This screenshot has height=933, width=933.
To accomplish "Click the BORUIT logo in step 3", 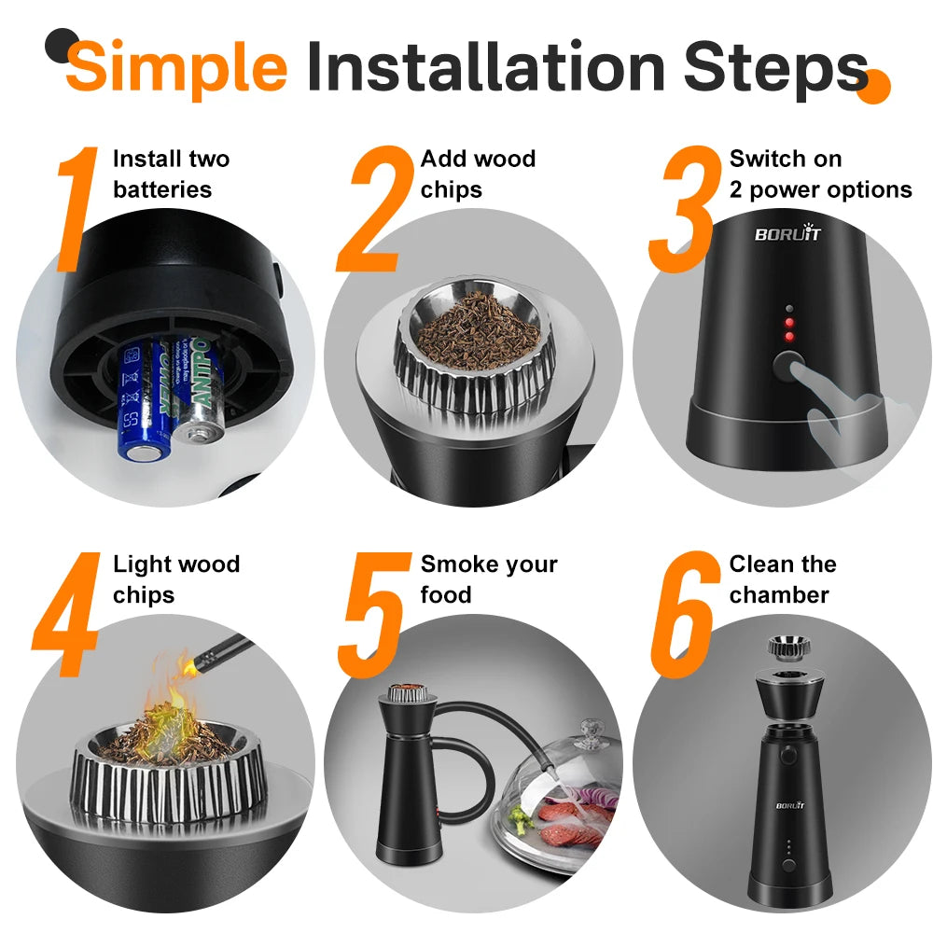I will [787, 234].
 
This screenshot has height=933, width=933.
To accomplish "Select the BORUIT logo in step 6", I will [789, 805].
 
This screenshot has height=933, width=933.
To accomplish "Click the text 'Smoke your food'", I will [488, 579].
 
